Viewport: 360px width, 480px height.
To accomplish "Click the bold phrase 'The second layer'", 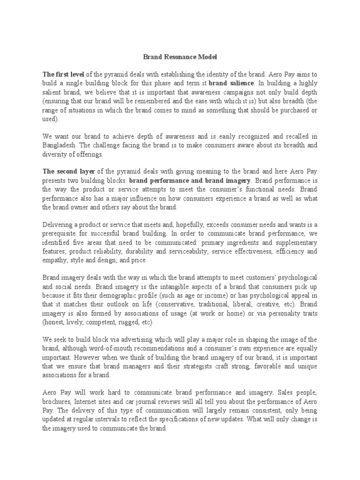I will pyautogui.click(x=67, y=172).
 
